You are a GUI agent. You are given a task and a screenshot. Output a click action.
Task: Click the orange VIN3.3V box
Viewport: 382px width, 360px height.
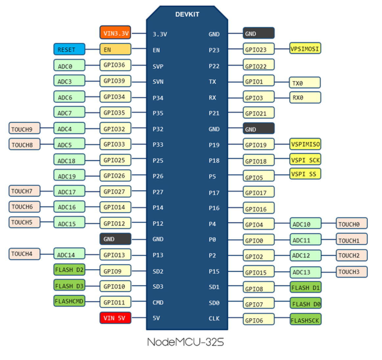(x=115, y=33)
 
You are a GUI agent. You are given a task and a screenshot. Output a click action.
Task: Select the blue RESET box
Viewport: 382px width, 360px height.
(x=69, y=49)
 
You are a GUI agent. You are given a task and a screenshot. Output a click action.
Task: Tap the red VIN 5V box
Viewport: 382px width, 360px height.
(x=115, y=318)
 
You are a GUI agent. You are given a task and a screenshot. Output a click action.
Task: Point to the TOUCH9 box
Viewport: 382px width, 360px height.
(x=24, y=128)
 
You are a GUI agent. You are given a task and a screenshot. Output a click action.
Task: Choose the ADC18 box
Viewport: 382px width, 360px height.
(x=69, y=160)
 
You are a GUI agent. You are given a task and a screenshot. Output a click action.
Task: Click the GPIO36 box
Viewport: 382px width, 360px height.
(x=115, y=65)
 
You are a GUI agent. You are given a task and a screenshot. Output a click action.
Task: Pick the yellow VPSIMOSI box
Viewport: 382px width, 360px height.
(x=305, y=48)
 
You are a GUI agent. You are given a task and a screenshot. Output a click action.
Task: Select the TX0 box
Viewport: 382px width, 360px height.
(x=305, y=83)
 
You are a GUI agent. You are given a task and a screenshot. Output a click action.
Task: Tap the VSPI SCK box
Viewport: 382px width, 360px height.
(x=305, y=160)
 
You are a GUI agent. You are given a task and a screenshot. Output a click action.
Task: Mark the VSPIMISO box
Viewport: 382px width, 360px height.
(x=305, y=144)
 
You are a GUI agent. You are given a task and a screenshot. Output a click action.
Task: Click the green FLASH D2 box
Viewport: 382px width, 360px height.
(x=69, y=270)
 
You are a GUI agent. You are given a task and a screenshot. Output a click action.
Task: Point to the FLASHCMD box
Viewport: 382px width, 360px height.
(x=69, y=301)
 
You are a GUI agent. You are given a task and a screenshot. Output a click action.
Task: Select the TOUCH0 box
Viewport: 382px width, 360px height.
(x=351, y=223)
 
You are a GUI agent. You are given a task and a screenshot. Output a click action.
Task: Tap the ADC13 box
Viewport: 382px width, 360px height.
(x=305, y=272)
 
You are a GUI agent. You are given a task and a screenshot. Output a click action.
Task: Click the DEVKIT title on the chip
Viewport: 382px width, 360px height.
(x=187, y=14)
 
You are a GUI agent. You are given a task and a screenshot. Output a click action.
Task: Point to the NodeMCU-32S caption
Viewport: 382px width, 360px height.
(x=185, y=342)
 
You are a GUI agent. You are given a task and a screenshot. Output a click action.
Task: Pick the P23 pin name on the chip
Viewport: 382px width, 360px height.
(x=214, y=50)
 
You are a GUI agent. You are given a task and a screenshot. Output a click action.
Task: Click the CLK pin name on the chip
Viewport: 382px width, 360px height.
(x=214, y=318)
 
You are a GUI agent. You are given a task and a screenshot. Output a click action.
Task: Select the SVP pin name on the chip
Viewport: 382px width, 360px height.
(x=158, y=66)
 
